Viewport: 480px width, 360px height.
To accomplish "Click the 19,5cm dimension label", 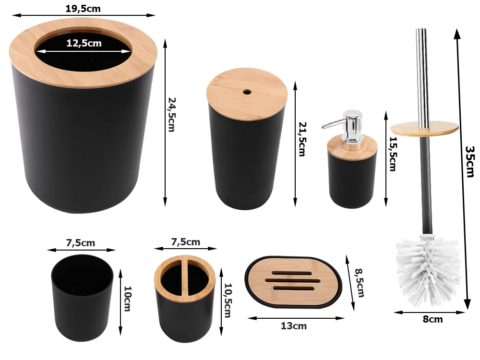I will tap(84, 9).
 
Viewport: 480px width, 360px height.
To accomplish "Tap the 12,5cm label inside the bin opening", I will tap(84, 43).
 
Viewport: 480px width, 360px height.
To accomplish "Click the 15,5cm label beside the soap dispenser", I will tap(393, 154).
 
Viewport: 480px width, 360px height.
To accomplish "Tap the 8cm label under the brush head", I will tap(433, 319).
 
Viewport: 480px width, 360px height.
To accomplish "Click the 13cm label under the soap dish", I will tap(293, 326).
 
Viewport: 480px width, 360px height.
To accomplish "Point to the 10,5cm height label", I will tap(228, 300).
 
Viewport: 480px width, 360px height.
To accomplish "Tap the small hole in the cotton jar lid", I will tap(247, 91).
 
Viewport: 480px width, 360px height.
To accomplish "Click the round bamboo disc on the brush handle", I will tap(424, 127).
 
